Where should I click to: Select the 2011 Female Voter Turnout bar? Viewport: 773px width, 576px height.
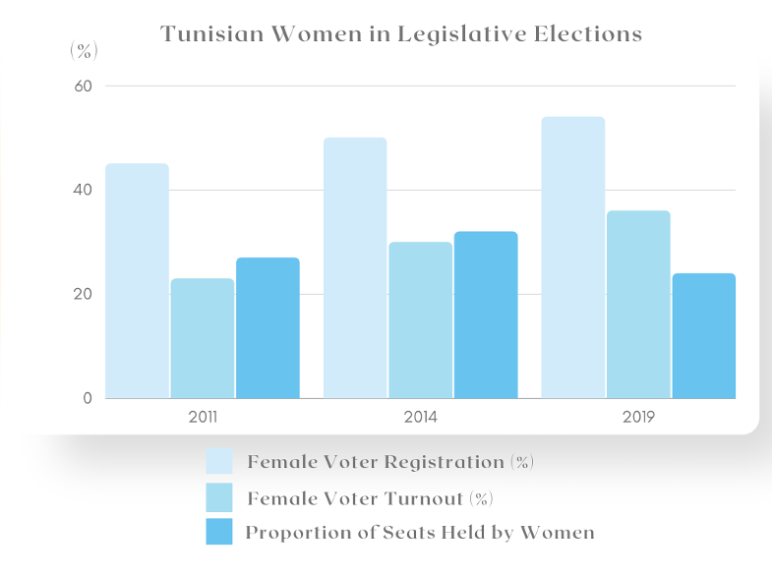pos(203,338)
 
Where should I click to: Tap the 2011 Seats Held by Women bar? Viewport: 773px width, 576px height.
pos(268,328)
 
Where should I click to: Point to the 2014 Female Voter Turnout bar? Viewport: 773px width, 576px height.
pos(421,320)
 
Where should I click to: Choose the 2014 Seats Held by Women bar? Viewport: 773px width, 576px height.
pos(486,315)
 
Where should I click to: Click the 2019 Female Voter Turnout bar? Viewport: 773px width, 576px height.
pos(638,305)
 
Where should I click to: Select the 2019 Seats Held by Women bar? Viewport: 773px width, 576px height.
pos(704,336)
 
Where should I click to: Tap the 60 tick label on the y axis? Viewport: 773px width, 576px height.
pos(83,86)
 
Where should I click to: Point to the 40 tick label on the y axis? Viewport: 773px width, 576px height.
pos(83,190)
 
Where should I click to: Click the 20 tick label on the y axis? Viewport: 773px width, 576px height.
pos(83,294)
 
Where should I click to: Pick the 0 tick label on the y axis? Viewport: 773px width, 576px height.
pos(88,398)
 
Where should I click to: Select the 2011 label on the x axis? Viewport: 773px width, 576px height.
pos(203,417)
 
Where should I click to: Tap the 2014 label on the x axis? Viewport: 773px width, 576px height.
pos(421,417)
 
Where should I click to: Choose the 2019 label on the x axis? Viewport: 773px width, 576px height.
pos(638,417)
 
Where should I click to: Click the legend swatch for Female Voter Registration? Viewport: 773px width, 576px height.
pos(219,461)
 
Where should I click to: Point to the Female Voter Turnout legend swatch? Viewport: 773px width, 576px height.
pos(219,496)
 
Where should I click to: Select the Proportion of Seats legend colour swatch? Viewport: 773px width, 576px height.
pos(219,532)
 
